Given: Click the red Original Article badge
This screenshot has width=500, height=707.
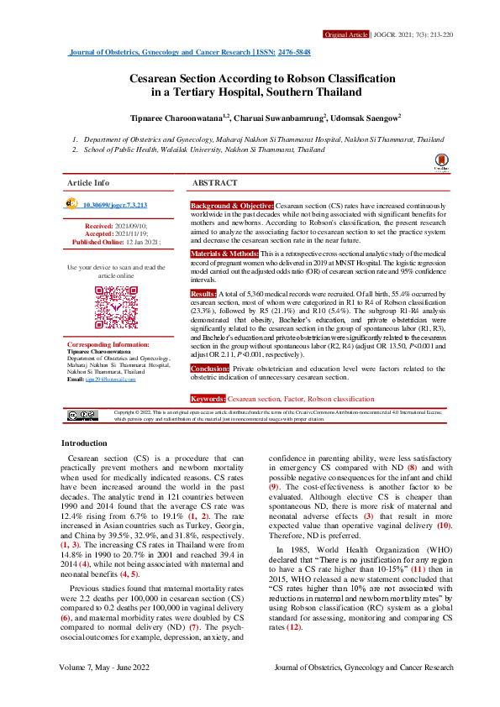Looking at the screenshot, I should (345, 35).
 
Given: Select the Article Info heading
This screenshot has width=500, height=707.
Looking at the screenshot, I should (88, 182).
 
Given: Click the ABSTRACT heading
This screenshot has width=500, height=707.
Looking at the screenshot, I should (214, 182).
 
